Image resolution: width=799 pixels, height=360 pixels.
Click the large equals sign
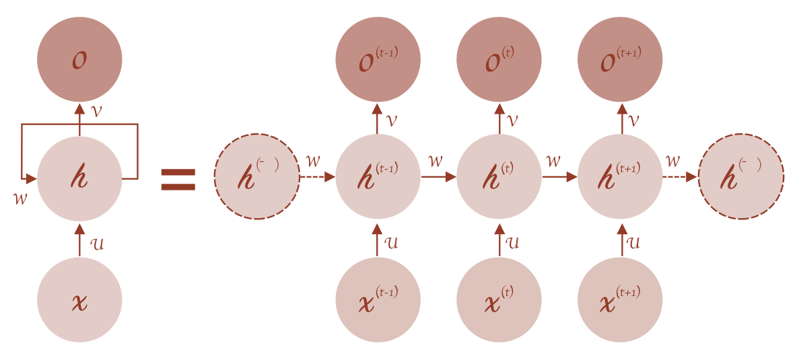click(178, 179)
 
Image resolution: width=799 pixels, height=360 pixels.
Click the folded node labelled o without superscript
click(79, 59)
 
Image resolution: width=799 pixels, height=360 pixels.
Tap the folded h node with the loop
click(79, 178)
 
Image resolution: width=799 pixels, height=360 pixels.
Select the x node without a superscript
click(79, 299)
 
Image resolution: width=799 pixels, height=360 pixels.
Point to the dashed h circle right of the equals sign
click(256, 177)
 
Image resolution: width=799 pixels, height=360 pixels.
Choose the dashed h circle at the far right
click(741, 177)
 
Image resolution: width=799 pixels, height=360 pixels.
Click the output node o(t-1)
click(378, 59)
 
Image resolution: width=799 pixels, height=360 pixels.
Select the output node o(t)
click(499, 59)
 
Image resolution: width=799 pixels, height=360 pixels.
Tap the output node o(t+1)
click(621, 59)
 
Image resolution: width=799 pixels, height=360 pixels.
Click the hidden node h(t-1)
click(378, 177)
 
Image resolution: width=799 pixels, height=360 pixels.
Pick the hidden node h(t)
click(499, 177)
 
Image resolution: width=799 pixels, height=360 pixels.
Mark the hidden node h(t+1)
click(621, 177)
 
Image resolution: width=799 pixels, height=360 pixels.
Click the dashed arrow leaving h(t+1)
click(681, 177)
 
